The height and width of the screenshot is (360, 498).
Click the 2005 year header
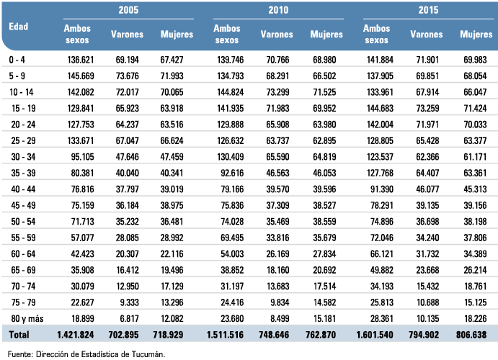coord(128,10)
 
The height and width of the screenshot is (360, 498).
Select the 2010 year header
coord(278,10)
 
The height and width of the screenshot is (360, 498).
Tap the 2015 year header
coord(428,10)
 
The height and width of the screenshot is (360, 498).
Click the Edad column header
coord(19,27)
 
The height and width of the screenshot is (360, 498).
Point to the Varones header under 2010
coord(277,35)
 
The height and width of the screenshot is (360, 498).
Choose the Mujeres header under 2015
coord(476,35)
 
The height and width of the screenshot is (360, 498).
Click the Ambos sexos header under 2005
coord(77,35)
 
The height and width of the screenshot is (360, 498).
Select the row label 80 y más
coord(27,318)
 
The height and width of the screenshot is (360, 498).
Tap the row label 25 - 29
coord(23,140)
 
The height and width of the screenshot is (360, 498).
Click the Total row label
coord(19,335)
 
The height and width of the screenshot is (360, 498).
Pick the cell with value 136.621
coord(81,60)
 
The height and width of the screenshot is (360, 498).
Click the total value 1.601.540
coord(375,335)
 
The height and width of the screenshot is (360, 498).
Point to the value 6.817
coord(129,318)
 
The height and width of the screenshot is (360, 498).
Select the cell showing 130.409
coord(230,157)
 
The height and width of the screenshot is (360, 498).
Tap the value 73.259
coord(427,108)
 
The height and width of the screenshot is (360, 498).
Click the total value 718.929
coord(168,335)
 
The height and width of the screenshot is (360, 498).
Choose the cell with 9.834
coord(280,302)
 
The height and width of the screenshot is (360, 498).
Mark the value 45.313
coord(475,189)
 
